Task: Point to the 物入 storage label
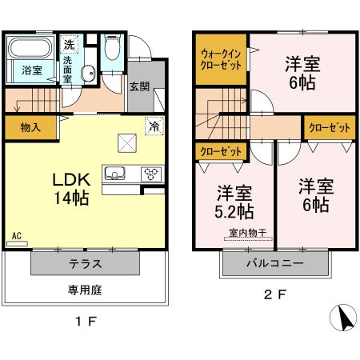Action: (31, 126)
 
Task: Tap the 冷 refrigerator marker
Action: (152, 125)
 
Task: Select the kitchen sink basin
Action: (114, 173)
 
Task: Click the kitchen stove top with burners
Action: (150, 173)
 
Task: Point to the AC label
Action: (16, 236)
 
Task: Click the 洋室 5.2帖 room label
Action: (236, 202)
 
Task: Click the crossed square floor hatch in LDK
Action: (128, 142)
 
